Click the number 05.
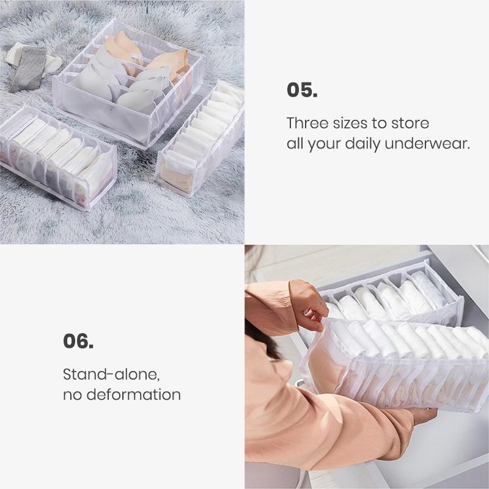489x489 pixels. [x=302, y=90]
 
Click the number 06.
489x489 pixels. [x=78, y=340]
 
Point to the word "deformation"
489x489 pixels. [x=133, y=395]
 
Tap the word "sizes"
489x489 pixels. [x=353, y=123]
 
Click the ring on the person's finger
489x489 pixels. [x=304, y=312]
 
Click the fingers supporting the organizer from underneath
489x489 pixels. [x=422, y=416]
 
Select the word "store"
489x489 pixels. [x=411, y=123]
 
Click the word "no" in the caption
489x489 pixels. [x=73, y=395]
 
